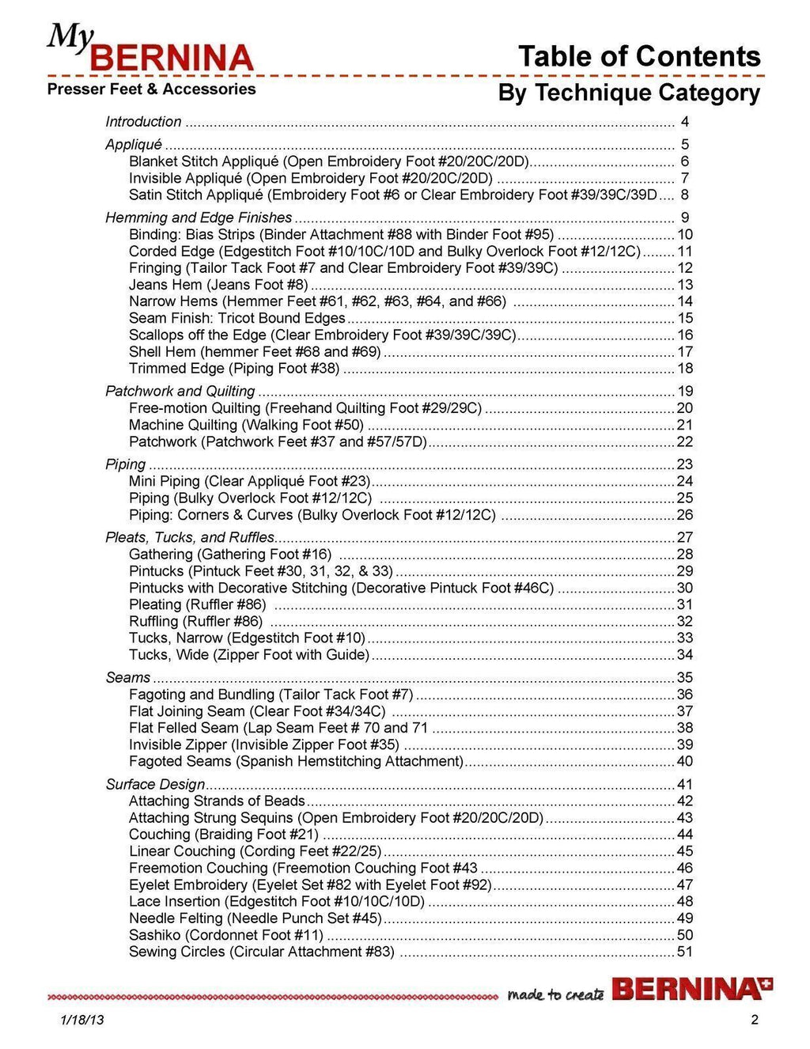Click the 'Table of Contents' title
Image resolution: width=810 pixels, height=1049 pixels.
[639, 56]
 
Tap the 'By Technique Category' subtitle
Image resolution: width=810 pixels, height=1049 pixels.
[629, 93]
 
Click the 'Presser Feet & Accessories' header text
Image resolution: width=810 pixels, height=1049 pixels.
[151, 89]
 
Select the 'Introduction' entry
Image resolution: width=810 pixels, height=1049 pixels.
[143, 122]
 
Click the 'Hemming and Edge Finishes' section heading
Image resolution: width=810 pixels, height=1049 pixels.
[199, 218]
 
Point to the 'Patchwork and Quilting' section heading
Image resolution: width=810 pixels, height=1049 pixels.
[180, 392]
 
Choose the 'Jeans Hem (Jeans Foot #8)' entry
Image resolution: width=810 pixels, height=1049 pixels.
[218, 285]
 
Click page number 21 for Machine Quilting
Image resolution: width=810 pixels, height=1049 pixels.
[684, 426]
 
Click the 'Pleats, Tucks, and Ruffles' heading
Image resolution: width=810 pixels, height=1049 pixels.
[190, 537]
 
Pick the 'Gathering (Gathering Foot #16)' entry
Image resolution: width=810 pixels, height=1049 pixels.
[230, 555]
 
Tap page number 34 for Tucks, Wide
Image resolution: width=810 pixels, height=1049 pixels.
[684, 655]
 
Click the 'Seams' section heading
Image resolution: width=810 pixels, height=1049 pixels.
[128, 678]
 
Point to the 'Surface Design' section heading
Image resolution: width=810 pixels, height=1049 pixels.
[155, 785]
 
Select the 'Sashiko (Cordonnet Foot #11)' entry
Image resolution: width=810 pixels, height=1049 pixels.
[226, 935]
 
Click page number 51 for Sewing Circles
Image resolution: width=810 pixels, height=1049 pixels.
[684, 952]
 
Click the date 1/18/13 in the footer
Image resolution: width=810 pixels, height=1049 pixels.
[81, 1020]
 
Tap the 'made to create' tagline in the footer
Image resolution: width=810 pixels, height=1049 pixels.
[555, 994]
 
